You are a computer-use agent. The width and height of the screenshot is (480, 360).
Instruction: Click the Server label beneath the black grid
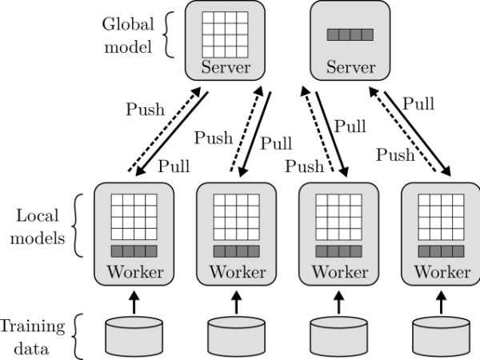tap(226, 67)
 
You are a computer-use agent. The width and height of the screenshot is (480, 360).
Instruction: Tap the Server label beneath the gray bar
tap(350, 67)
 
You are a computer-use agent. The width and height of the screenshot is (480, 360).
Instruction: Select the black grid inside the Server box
tap(225, 34)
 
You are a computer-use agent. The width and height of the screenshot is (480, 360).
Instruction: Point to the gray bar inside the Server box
tap(350, 34)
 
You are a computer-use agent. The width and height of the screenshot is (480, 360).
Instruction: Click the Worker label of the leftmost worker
tap(134, 272)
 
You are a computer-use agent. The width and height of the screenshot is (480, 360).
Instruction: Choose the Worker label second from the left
tap(237, 272)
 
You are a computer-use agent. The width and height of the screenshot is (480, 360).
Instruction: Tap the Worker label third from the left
tap(339, 272)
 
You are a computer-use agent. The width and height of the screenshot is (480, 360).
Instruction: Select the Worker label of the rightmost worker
tap(442, 272)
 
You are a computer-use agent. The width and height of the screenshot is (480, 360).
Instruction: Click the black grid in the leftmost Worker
tap(134, 217)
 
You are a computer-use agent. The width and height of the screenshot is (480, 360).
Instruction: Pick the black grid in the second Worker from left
tap(236, 217)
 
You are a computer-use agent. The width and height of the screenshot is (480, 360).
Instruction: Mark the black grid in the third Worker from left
tap(338, 217)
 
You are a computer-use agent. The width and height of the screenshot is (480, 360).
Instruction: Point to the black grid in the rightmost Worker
tap(441, 217)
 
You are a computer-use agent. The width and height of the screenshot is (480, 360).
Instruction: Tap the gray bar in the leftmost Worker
tap(134, 251)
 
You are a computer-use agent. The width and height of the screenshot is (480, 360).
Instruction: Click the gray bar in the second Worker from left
tap(236, 251)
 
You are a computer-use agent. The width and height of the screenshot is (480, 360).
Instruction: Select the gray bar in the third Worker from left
tap(338, 251)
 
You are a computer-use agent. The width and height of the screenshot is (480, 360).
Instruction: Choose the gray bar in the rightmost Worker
tap(441, 251)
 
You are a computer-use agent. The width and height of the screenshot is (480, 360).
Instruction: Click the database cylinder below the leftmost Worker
tap(134, 336)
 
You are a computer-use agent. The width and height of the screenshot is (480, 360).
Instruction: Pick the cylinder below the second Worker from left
tap(236, 336)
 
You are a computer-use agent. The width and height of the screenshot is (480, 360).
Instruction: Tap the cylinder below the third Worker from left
tap(338, 336)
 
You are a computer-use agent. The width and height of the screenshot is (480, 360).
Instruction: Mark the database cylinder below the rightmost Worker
tap(441, 336)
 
